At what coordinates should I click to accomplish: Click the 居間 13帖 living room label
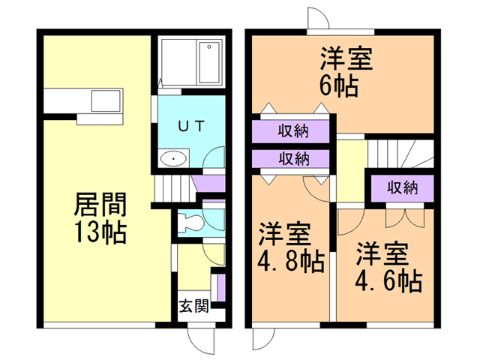pos(100,217)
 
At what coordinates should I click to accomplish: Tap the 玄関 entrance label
pos(193,306)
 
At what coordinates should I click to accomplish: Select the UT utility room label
pos(190,125)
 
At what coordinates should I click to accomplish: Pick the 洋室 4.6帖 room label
pos(387,267)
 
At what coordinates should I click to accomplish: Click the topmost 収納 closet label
pos(293,132)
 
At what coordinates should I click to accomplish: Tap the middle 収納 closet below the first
pos(293,158)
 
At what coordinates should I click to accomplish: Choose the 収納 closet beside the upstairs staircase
pos(401,187)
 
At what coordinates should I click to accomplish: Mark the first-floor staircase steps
pos(172,187)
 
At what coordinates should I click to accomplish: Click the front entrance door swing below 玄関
pos(200,337)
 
